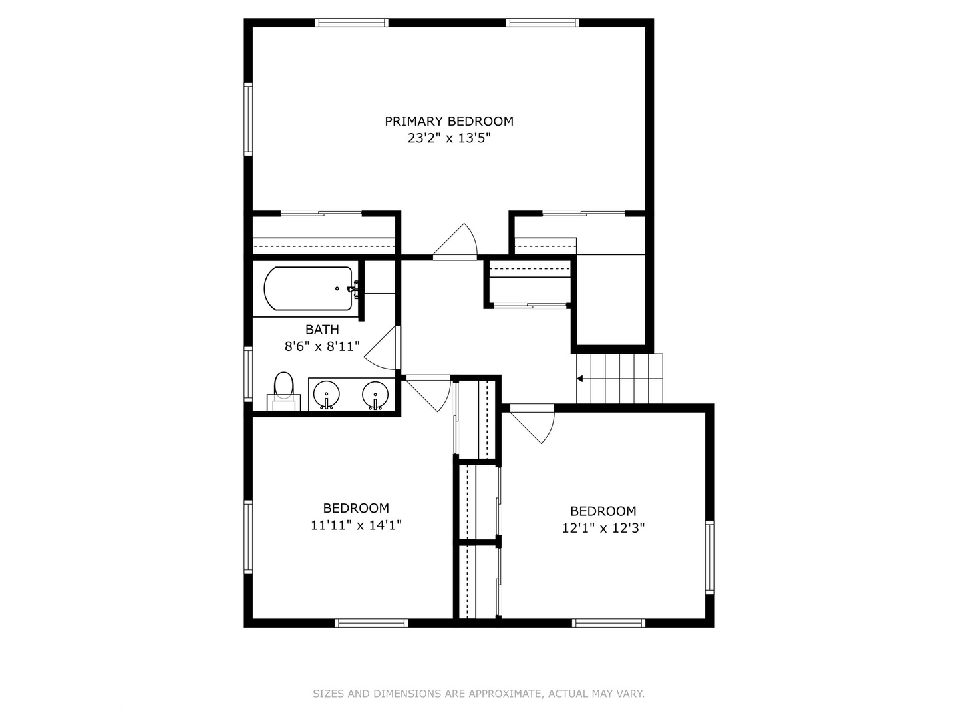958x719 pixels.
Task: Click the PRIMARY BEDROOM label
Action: coord(449,121)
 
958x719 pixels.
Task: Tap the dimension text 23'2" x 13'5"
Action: coord(449,138)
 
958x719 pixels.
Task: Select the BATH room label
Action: coord(322,330)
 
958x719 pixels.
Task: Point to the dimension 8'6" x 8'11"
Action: coord(322,346)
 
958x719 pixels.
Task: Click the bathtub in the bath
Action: coord(307,288)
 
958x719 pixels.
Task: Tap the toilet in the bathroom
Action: coord(284,390)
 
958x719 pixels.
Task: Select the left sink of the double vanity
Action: coord(326,395)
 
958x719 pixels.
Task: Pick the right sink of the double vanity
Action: coord(376,395)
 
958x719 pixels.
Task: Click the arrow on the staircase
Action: coord(580,379)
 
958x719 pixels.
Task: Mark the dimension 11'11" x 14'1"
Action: coord(356,525)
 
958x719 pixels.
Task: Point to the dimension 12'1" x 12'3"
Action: coord(603,528)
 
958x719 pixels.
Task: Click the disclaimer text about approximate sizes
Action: coord(478,694)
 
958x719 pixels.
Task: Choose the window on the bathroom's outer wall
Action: coord(248,373)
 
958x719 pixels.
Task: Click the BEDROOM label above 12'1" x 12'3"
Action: coord(603,511)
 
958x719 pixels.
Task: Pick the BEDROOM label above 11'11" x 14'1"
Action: coord(356,508)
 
